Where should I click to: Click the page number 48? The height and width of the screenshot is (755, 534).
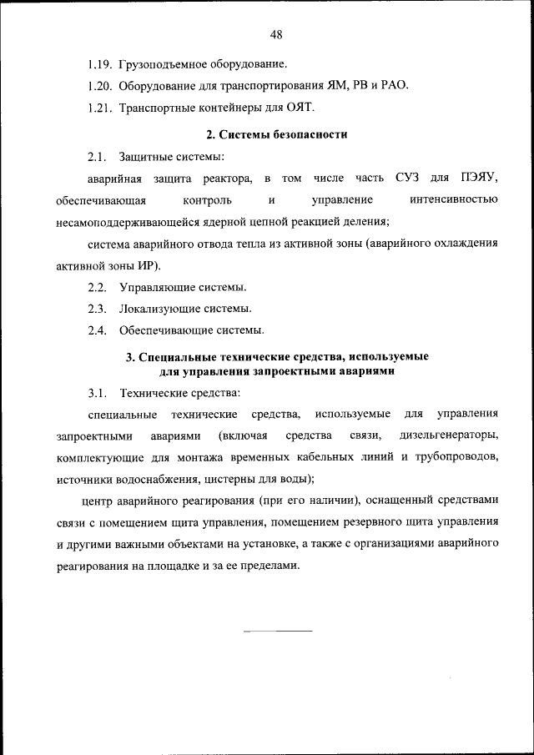click(277, 34)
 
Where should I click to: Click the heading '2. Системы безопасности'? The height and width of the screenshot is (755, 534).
click(276, 134)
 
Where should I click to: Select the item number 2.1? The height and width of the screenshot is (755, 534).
click(97, 157)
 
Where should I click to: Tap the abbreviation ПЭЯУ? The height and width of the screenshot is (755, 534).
click(478, 179)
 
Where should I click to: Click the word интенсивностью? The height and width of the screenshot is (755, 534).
click(455, 200)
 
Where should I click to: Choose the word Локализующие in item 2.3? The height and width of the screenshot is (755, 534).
click(156, 310)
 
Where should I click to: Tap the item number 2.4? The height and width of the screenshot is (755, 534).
click(97, 331)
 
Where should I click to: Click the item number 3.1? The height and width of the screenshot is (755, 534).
click(97, 392)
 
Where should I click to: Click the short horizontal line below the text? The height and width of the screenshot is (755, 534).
click(276, 630)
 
